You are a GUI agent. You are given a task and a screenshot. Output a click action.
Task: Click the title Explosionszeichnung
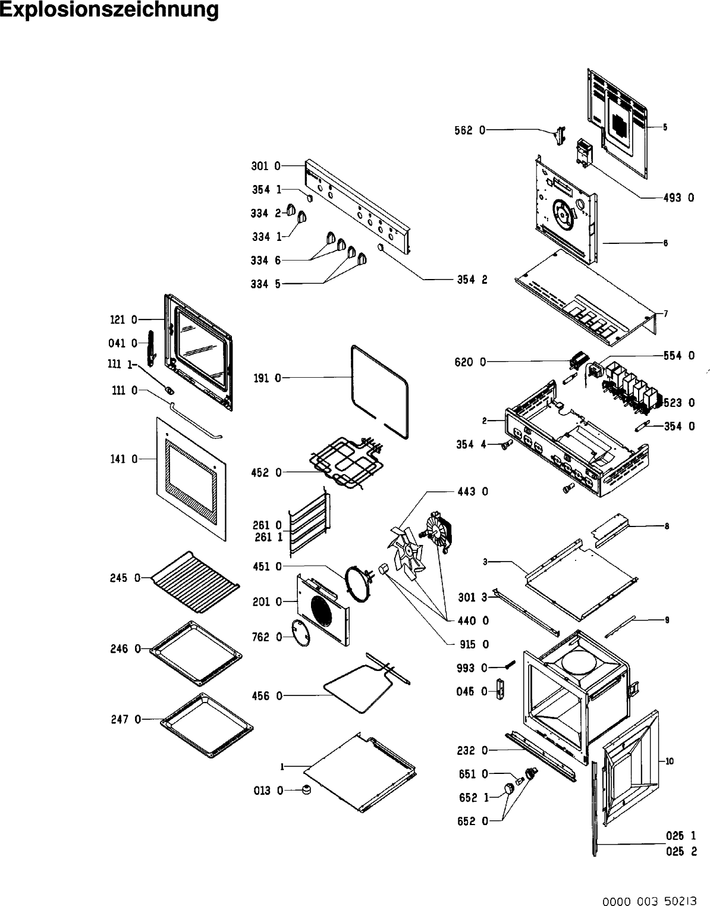tap(109, 10)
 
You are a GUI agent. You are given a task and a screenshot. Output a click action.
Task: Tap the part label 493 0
tap(678, 197)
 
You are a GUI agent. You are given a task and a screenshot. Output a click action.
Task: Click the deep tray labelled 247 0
tap(206, 725)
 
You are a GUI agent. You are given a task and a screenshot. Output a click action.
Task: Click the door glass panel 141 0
tap(191, 479)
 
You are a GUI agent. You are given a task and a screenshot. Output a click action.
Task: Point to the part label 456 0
tap(268, 696)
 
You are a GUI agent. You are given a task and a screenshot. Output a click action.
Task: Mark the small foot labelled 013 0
tap(307, 789)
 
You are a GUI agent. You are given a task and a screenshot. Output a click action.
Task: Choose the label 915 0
tap(473, 644)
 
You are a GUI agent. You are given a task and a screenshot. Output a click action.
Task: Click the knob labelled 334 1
tap(301, 218)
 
